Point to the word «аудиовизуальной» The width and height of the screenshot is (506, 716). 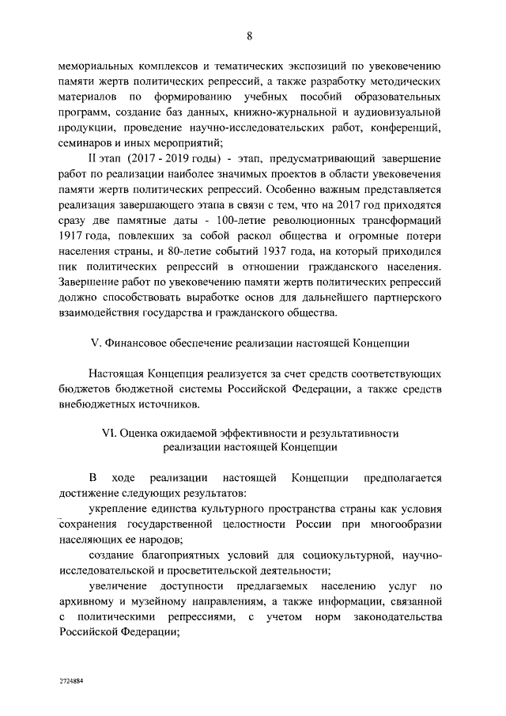(x=399, y=113)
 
